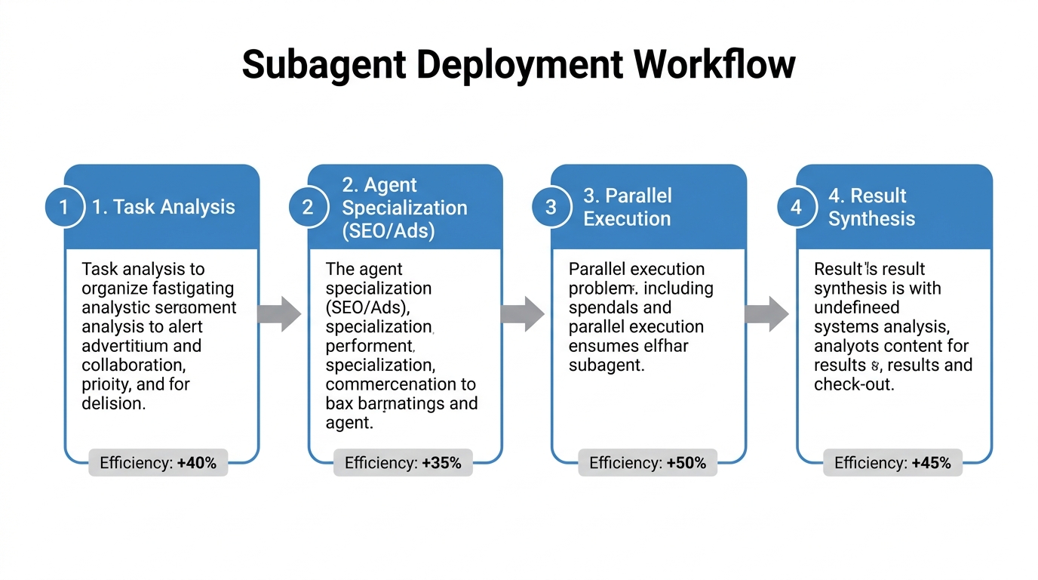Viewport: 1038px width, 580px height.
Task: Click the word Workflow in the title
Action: pyautogui.click(x=714, y=64)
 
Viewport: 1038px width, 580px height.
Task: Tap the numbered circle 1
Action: pyautogui.click(x=64, y=207)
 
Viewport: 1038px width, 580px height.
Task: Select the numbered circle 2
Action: pyautogui.click(x=308, y=207)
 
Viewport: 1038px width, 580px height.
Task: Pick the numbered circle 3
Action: pyautogui.click(x=551, y=207)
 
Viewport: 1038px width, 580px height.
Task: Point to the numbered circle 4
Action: pyautogui.click(x=796, y=207)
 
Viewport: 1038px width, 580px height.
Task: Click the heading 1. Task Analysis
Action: pyautogui.click(x=163, y=207)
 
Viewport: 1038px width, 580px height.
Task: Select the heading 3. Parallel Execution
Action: pyautogui.click(x=627, y=207)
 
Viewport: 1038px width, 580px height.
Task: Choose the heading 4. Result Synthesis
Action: pyautogui.click(x=871, y=207)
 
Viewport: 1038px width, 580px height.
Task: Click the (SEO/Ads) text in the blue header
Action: pyautogui.click(x=388, y=230)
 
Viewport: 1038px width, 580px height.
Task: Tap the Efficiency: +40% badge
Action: pyautogui.click(x=158, y=463)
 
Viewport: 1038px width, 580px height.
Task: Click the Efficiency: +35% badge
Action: pyautogui.click(x=403, y=463)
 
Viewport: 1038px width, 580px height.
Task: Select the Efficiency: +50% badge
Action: pyautogui.click(x=647, y=463)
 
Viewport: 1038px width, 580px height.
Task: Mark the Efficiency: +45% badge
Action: pyautogui.click(x=892, y=463)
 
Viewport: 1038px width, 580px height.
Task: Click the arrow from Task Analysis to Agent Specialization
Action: pyautogui.click(x=280, y=313)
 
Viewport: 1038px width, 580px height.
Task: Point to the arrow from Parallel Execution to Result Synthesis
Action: pyautogui.click(x=767, y=313)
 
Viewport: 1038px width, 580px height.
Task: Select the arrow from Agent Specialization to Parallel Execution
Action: pyautogui.click(x=524, y=313)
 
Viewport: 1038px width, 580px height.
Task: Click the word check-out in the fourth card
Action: pyautogui.click(x=853, y=384)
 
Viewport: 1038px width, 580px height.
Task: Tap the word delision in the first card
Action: pyautogui.click(x=112, y=403)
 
